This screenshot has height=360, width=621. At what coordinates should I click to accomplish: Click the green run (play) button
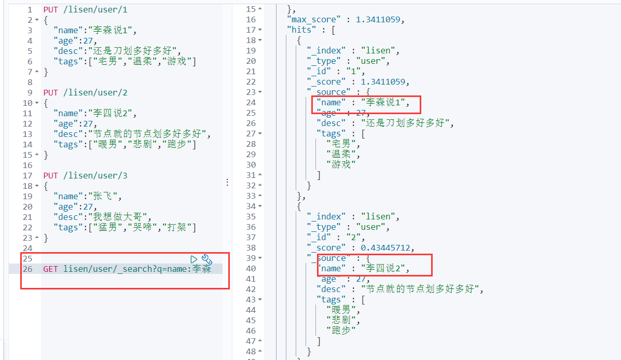[194, 259]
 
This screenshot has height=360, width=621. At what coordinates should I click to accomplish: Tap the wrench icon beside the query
[206, 259]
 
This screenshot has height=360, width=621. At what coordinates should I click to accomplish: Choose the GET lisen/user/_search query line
[127, 269]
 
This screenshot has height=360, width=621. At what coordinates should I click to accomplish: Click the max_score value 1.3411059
[378, 20]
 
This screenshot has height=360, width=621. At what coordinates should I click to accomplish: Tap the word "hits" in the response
[301, 30]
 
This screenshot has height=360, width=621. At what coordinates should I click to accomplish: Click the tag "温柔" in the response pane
[342, 154]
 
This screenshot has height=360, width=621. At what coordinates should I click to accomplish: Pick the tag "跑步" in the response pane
[341, 330]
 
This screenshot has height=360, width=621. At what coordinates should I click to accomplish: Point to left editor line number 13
[27, 134]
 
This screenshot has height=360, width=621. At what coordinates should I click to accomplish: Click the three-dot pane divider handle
[227, 183]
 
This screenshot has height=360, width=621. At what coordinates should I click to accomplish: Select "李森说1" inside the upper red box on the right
[384, 103]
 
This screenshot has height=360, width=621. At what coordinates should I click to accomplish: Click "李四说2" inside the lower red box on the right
[384, 269]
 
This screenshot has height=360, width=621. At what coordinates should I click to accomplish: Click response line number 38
[251, 238]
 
